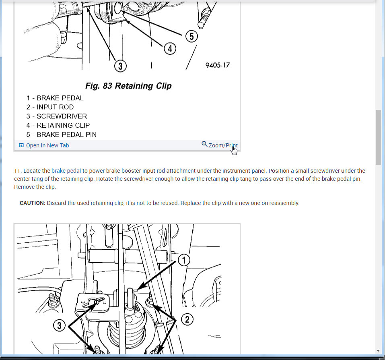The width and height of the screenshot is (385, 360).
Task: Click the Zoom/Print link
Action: pyautogui.click(x=223, y=145)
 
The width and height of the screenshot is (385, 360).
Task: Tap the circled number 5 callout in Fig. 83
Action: pyautogui.click(x=191, y=36)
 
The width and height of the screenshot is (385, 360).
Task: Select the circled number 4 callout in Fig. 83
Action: pyautogui.click(x=170, y=49)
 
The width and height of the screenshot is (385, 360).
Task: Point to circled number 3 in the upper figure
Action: pyautogui.click(x=120, y=66)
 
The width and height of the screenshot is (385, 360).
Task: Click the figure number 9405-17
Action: pyautogui.click(x=218, y=65)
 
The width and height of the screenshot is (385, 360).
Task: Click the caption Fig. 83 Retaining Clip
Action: pyautogui.click(x=128, y=86)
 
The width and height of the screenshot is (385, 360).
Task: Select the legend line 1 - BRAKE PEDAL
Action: pyautogui.click(x=55, y=98)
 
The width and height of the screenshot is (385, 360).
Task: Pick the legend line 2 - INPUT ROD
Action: pyautogui.click(x=50, y=107)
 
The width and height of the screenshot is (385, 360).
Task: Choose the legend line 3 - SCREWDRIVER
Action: pyautogui.click(x=57, y=116)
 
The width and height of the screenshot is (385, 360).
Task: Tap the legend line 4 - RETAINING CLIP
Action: pyautogui.click(x=58, y=125)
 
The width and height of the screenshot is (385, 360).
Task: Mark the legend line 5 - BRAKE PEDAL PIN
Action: pyautogui.click(x=62, y=134)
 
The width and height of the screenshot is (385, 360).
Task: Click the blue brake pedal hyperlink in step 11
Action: pyautogui.click(x=66, y=171)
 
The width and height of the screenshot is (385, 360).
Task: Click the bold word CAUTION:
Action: pyautogui.click(x=33, y=203)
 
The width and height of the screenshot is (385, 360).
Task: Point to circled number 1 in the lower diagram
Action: pyautogui.click(x=184, y=260)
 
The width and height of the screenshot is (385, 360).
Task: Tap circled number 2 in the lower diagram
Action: pyautogui.click(x=187, y=319)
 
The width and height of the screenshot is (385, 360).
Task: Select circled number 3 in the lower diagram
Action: pyautogui.click(x=59, y=326)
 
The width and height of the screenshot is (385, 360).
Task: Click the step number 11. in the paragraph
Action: pyautogui.click(x=18, y=171)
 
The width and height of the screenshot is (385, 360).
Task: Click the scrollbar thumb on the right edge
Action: pyautogui.click(x=378, y=137)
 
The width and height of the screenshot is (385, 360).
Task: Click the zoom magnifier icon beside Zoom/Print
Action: pyautogui.click(x=204, y=144)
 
